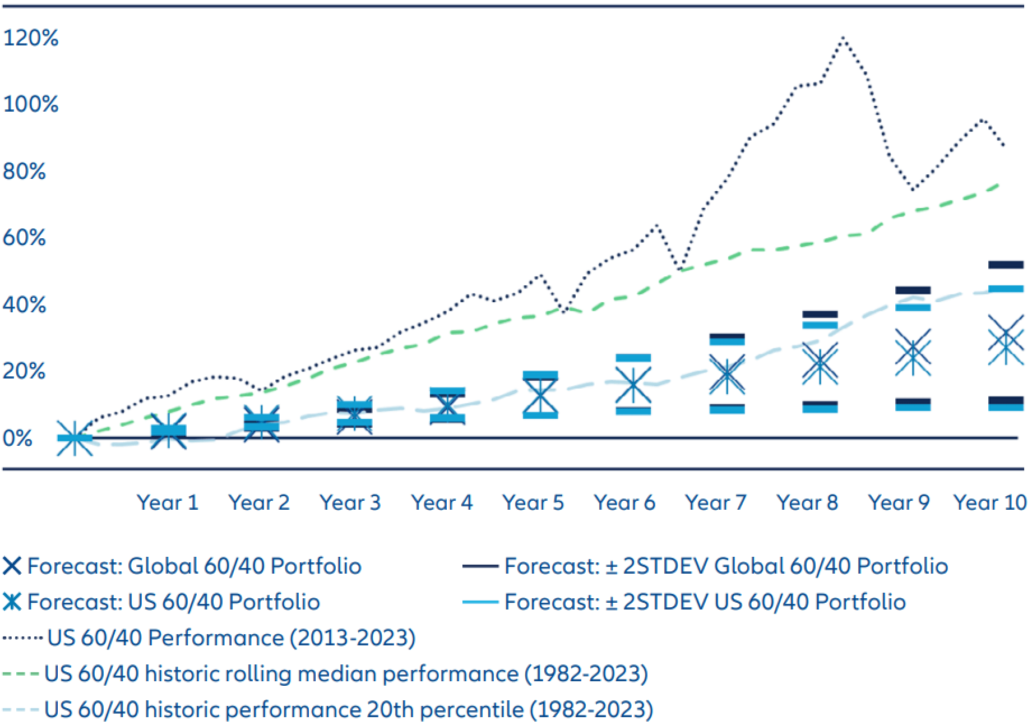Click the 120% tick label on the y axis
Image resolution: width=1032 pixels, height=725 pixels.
coord(31,38)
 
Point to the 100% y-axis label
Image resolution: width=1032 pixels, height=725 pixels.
coord(31,104)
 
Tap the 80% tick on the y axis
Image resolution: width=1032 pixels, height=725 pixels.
coord(25,171)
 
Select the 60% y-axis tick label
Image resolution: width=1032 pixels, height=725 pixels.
coord(25,238)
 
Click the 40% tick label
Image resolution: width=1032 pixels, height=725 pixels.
coord(25,304)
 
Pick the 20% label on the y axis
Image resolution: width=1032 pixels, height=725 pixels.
coord(25,371)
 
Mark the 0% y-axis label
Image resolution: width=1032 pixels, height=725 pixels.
coord(18,438)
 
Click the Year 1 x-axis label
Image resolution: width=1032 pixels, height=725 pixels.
coord(168,502)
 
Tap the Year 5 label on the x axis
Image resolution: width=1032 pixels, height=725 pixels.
coord(533,502)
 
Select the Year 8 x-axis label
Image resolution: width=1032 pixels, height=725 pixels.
coord(807,502)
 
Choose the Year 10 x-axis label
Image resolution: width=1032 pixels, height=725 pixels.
coord(990,502)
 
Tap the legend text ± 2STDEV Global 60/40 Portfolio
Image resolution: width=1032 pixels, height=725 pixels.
coord(726,566)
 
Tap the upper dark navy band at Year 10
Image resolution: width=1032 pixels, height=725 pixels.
coord(1006,265)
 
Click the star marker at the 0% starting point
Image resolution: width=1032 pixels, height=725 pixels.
coord(75,438)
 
